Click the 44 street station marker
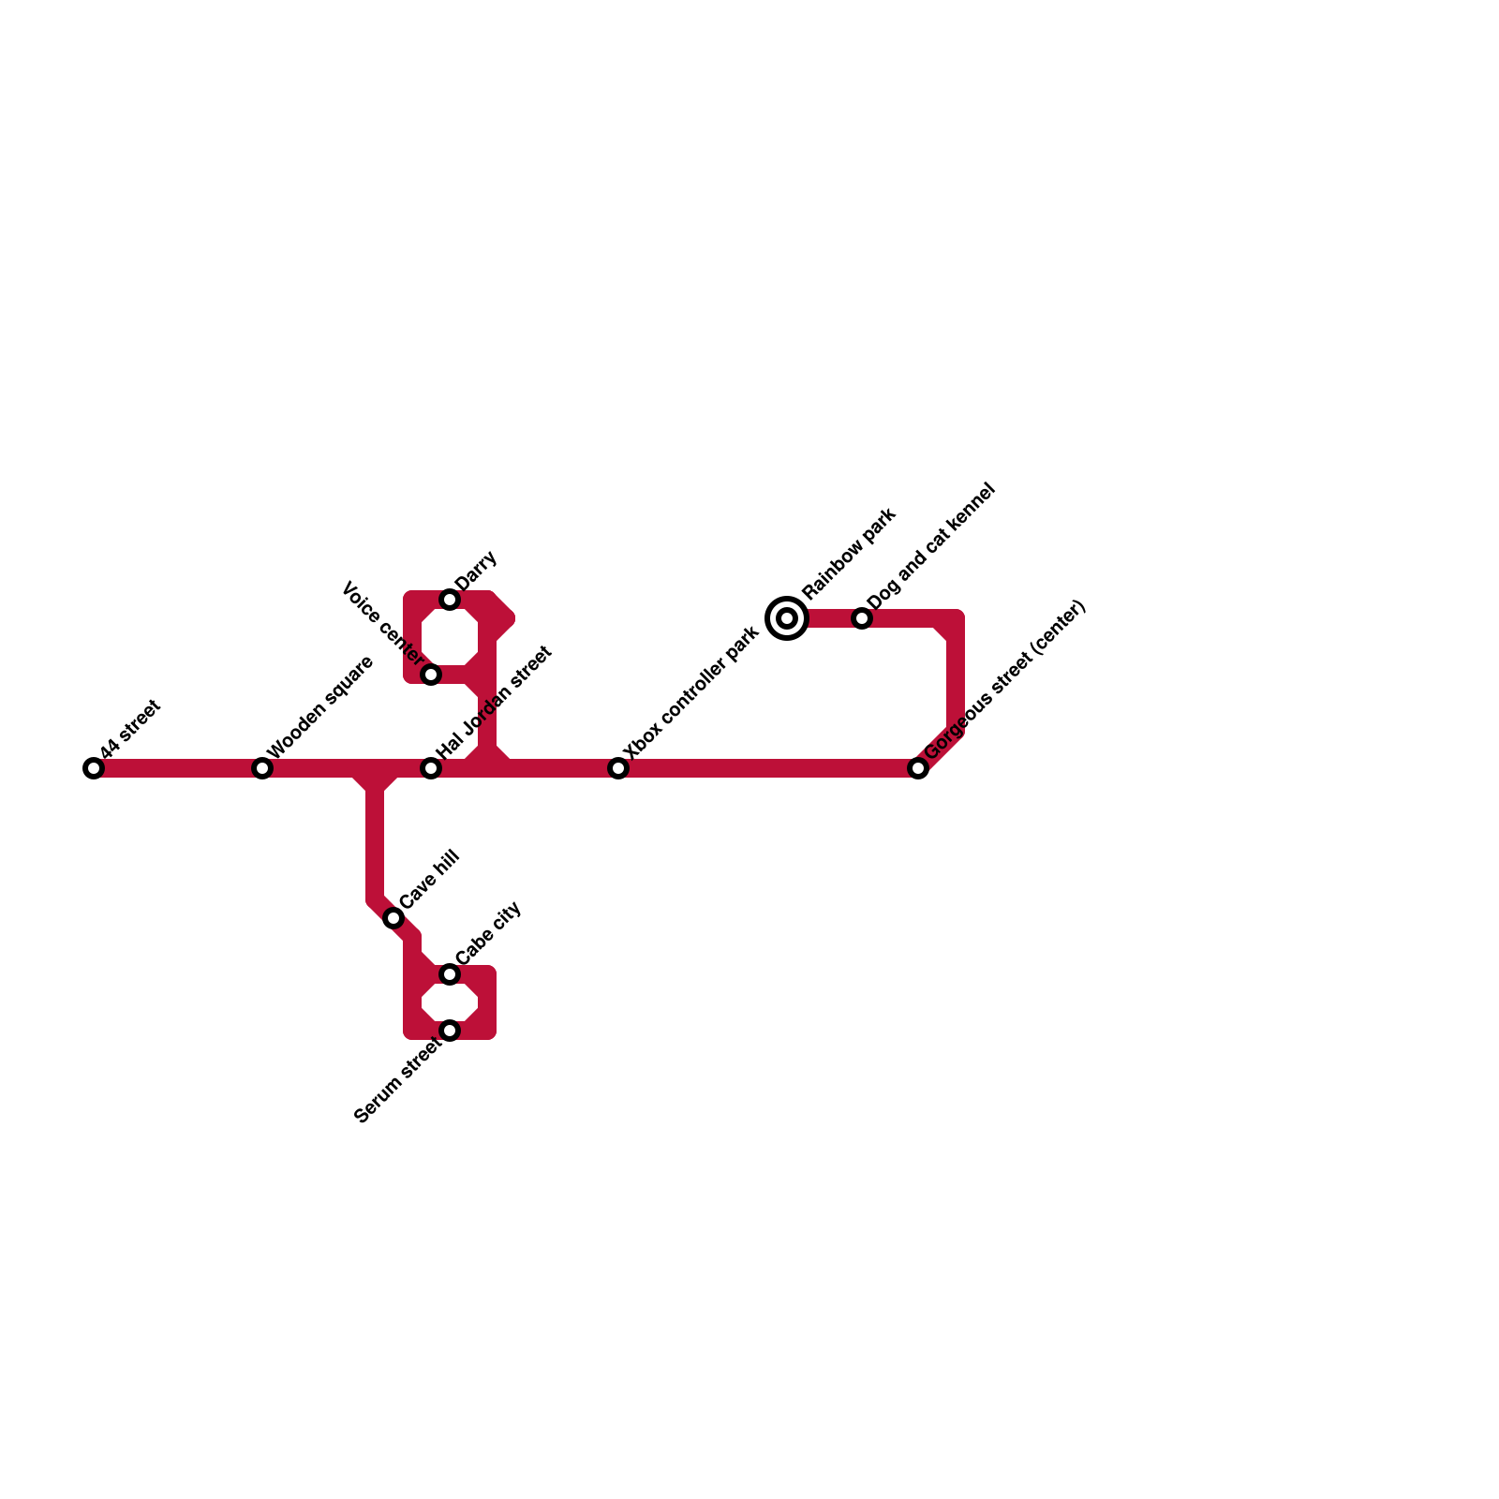click(94, 768)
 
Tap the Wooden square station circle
click(262, 768)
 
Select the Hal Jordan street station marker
click(431, 768)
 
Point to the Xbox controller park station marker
click(618, 768)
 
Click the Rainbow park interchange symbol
click(787, 618)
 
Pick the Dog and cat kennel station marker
click(862, 618)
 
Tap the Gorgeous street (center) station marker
click(918, 768)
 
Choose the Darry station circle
click(450, 600)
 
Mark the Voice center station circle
click(431, 675)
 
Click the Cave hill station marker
click(393, 918)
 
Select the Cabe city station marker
click(450, 974)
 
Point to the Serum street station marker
click(450, 1031)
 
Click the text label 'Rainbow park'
click(850, 553)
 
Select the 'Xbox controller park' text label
click(691, 692)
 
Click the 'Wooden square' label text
click(321, 707)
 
